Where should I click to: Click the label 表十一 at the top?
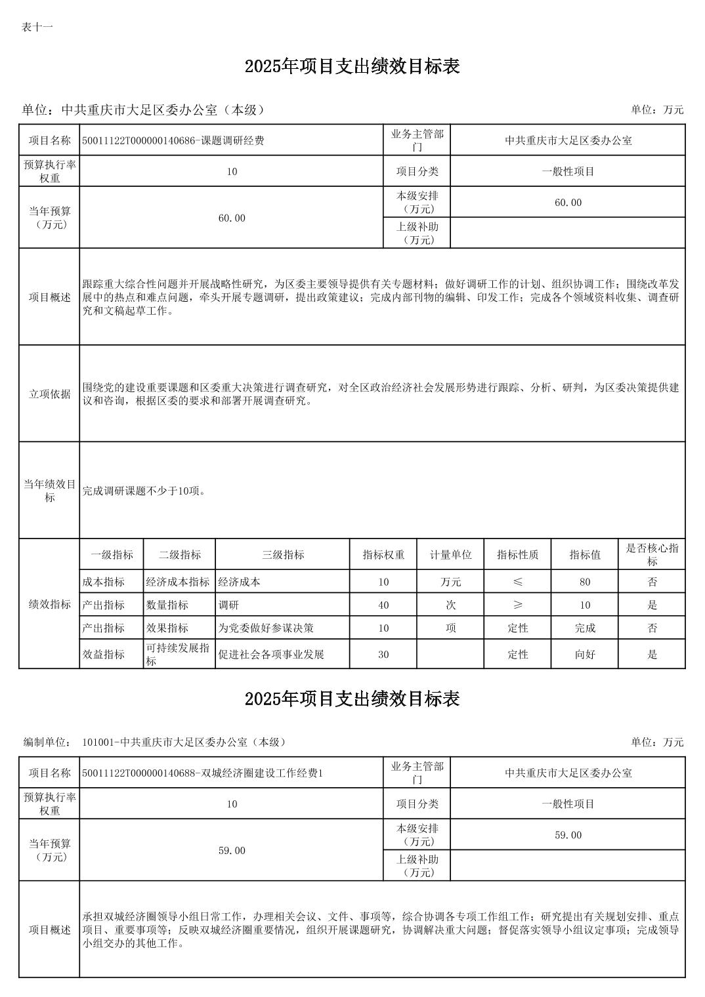click(x=37, y=27)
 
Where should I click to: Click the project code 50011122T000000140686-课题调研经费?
click(x=173, y=140)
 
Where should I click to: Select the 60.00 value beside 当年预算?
click(x=231, y=218)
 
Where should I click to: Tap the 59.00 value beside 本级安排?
click(x=568, y=835)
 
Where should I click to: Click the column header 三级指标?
click(x=283, y=555)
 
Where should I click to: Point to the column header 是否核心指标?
click(x=652, y=555)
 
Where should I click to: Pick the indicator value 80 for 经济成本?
click(x=584, y=582)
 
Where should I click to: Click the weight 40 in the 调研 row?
click(x=383, y=605)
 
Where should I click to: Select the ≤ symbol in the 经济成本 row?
click(x=517, y=582)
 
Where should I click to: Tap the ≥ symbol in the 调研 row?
click(x=517, y=605)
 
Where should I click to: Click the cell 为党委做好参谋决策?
click(x=266, y=628)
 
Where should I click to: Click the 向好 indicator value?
click(x=584, y=654)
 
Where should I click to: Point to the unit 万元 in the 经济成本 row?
click(x=450, y=582)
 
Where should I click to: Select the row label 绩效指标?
click(x=49, y=604)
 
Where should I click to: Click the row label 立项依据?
click(x=49, y=394)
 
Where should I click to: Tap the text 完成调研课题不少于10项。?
click(x=144, y=491)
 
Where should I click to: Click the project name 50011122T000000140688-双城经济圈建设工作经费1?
click(x=202, y=773)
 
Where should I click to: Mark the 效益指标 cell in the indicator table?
click(x=103, y=654)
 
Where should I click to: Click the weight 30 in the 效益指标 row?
click(x=383, y=654)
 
